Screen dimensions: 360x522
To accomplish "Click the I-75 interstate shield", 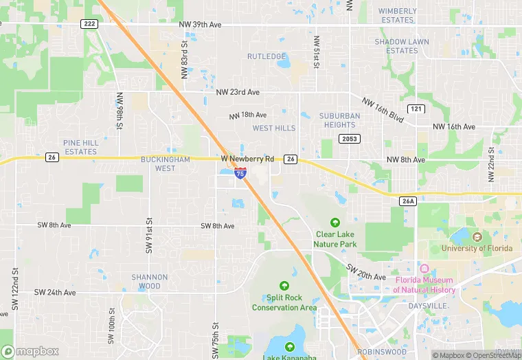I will tap(240, 174).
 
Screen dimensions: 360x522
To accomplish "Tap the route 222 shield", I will tap(89, 24).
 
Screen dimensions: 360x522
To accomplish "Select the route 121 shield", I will tap(415, 109).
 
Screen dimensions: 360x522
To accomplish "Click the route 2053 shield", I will tap(348, 139).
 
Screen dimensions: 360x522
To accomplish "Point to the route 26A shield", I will tap(408, 201).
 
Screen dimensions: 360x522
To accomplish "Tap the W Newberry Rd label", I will tap(247, 159).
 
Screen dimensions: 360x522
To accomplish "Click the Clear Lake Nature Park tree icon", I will tap(335, 223).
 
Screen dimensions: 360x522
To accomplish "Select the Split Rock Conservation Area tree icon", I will tap(284, 286).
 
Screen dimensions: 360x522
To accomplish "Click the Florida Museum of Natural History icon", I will tap(424, 269).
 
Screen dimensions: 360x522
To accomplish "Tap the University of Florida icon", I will tap(477, 237).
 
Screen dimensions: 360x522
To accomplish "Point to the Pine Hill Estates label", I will tap(80, 147).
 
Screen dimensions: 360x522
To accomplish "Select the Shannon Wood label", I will tap(150, 282).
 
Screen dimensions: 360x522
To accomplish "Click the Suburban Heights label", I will tap(339, 120).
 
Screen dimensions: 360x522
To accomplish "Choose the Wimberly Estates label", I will tap(397, 15).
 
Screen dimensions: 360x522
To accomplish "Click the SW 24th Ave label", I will tap(55, 292).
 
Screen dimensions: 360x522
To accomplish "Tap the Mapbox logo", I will tap(30, 351).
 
